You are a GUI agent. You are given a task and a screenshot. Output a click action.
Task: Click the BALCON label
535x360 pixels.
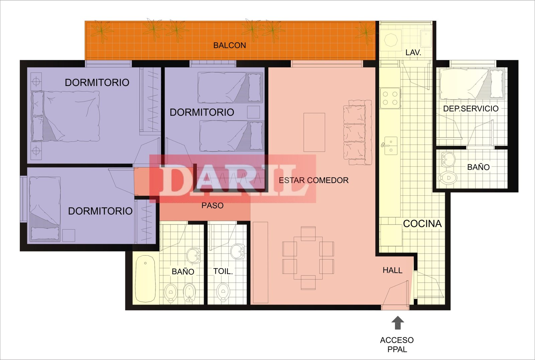click(x=229, y=46)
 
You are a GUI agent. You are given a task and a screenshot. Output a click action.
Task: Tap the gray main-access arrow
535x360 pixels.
click(x=398, y=323)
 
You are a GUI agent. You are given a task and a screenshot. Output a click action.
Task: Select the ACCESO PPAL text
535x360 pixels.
click(x=397, y=345)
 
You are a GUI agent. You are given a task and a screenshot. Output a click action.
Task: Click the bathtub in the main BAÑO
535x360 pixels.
click(x=145, y=279)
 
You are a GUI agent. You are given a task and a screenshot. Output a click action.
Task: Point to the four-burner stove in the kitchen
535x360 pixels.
click(x=390, y=98)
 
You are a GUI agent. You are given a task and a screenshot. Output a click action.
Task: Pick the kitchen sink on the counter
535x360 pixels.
click(x=390, y=146)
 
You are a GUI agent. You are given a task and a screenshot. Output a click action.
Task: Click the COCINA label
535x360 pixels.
click(x=422, y=224)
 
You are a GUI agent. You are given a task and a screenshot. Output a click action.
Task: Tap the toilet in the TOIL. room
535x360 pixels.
click(x=223, y=292)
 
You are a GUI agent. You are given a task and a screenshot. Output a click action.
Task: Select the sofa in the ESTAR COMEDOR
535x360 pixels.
click(x=357, y=132)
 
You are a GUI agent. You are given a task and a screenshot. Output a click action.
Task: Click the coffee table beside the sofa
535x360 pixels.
click(x=314, y=132)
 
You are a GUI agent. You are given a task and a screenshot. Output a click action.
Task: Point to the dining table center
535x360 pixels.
click(x=308, y=258)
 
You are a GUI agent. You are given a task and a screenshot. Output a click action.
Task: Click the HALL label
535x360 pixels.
click(x=393, y=270)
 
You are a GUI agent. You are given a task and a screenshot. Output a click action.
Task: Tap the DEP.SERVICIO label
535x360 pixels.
click(x=471, y=109)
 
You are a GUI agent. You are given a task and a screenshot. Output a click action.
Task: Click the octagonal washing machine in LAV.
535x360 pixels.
click(x=391, y=40)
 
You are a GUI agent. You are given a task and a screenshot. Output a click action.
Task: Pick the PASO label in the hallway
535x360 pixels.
click(x=212, y=205)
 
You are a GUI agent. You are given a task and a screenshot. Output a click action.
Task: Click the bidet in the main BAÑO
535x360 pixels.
click(x=189, y=293)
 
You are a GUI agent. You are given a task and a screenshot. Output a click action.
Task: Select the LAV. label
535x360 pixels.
click(x=413, y=53)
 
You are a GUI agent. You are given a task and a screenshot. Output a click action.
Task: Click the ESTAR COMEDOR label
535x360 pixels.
click(x=314, y=180)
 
